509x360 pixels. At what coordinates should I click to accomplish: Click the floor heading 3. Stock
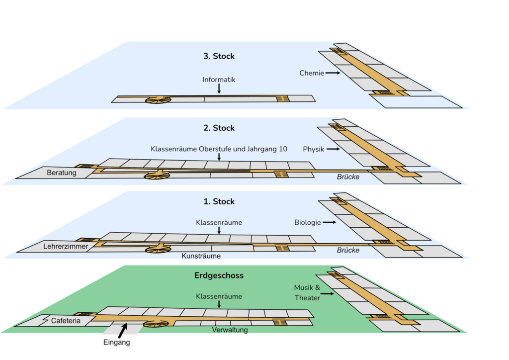click(x=219, y=56)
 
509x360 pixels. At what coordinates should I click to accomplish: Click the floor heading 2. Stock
click(x=219, y=128)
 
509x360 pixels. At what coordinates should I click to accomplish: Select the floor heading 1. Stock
click(x=219, y=201)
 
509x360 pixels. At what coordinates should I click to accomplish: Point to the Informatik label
click(x=219, y=80)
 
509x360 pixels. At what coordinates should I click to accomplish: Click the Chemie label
click(x=312, y=73)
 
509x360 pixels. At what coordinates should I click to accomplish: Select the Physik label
click(x=314, y=149)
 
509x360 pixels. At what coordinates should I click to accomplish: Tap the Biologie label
click(x=308, y=222)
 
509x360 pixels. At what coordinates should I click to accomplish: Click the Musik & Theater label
click(x=307, y=292)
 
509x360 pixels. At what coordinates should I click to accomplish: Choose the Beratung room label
click(x=62, y=173)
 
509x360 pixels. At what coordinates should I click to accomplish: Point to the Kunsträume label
click(x=201, y=256)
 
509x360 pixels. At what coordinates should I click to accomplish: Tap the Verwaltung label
click(x=230, y=329)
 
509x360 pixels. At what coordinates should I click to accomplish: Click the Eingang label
click(x=117, y=342)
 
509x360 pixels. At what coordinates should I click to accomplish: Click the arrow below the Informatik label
click(x=219, y=89)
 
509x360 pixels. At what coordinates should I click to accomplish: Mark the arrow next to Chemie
click(x=333, y=73)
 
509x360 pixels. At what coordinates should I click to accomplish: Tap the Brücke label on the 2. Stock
click(x=348, y=177)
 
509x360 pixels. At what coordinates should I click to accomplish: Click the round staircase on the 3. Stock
click(x=158, y=99)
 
